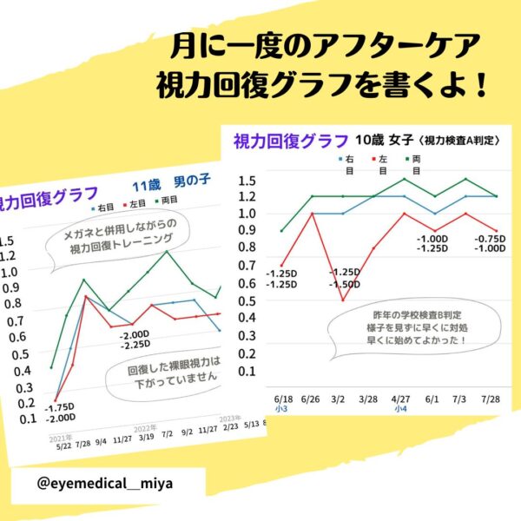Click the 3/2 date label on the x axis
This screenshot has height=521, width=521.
[x=340, y=397]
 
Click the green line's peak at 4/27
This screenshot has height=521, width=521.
[x=403, y=179]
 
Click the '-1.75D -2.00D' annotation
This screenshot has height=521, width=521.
[x=60, y=412]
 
